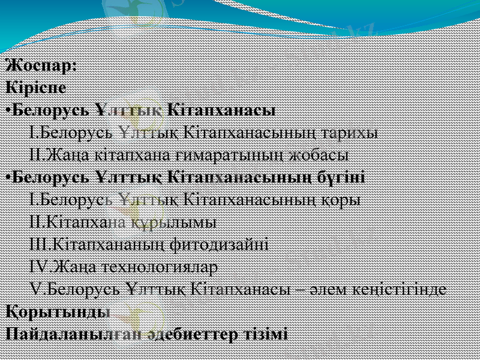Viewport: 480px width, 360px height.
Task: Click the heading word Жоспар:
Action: click(40, 65)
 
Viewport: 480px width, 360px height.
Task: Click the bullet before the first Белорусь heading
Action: click(7, 110)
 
